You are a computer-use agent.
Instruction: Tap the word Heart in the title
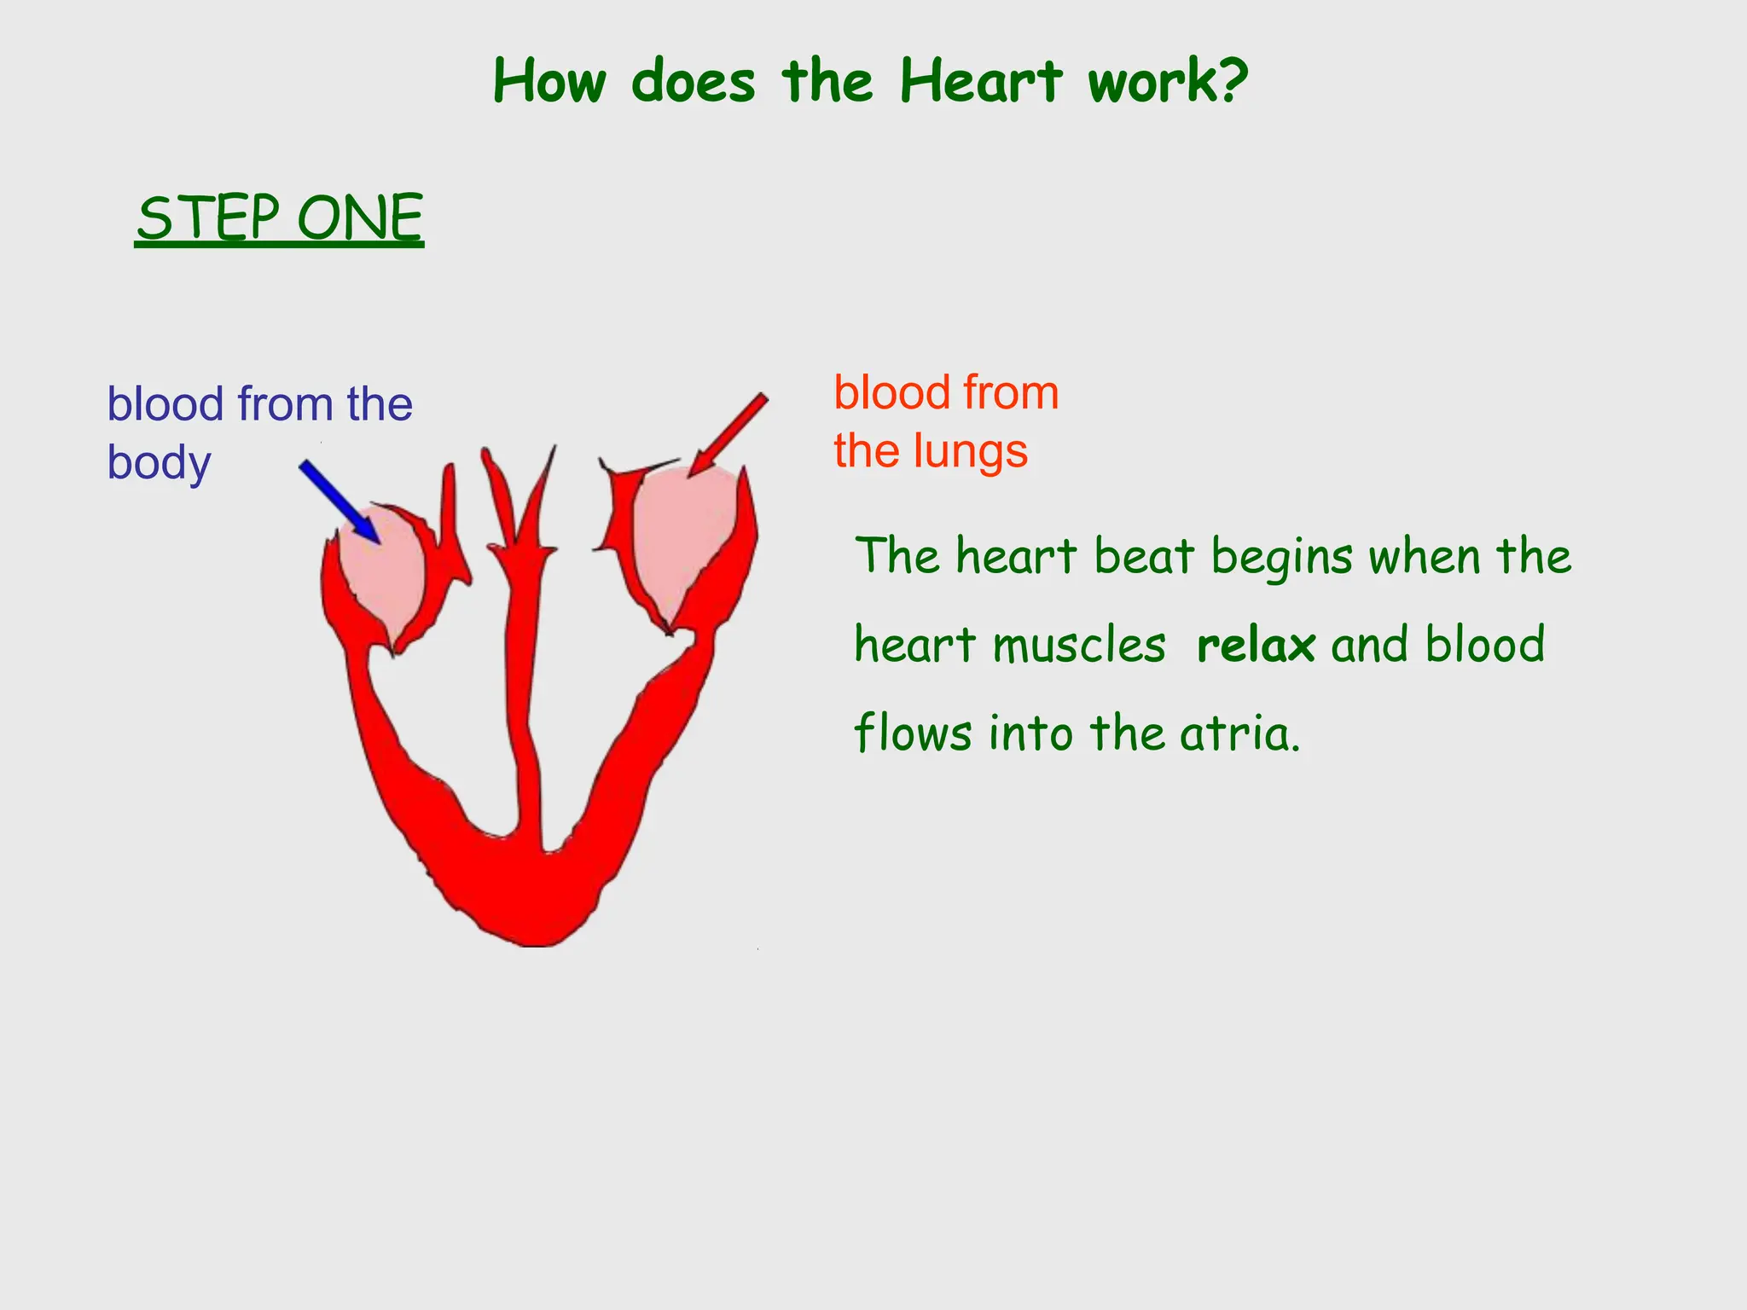coord(981,82)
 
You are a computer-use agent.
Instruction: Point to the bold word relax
coord(1256,645)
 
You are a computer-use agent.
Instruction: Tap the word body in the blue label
coord(159,463)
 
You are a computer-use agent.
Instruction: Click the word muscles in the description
coord(1079,645)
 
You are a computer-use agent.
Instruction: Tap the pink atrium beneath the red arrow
coord(682,537)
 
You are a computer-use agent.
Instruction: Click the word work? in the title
coord(1167,82)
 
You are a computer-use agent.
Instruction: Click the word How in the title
coord(550,82)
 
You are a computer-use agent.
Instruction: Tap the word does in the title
coord(694,82)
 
